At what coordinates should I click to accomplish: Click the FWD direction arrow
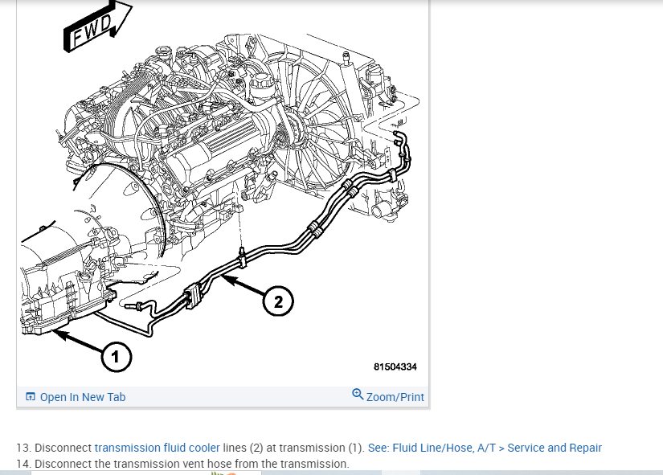(x=95, y=27)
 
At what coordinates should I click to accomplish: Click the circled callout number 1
(x=116, y=357)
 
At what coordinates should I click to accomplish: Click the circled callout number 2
(x=278, y=302)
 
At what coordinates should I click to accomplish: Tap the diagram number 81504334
(x=395, y=367)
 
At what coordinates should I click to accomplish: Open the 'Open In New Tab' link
(x=83, y=397)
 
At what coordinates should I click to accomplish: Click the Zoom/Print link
(x=395, y=397)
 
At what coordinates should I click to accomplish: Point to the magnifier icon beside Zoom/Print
(x=358, y=394)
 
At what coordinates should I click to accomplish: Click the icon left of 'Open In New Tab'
(x=31, y=397)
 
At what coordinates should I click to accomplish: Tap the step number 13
(x=23, y=448)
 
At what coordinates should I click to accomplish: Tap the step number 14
(x=23, y=464)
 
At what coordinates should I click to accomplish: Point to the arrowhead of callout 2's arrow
(x=225, y=278)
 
